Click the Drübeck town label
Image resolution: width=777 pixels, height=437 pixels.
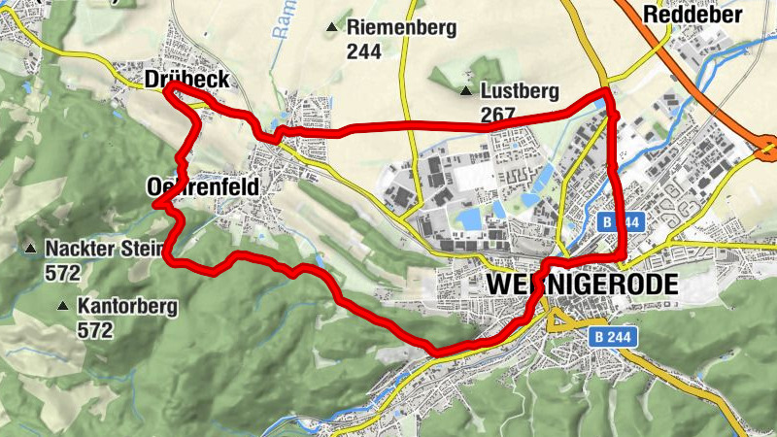[186, 80]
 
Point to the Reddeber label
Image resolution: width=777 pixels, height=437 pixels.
[693, 14]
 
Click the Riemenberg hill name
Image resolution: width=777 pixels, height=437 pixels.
[401, 28]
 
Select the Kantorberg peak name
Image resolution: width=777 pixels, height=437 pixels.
[128, 308]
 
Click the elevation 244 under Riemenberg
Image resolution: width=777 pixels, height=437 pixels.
[364, 51]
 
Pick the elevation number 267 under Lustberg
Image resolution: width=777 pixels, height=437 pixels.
[497, 115]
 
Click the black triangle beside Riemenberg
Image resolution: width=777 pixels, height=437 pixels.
[333, 28]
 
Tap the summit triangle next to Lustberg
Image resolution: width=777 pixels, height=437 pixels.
[466, 92]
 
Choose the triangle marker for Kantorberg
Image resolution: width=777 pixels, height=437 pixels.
[62, 307]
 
